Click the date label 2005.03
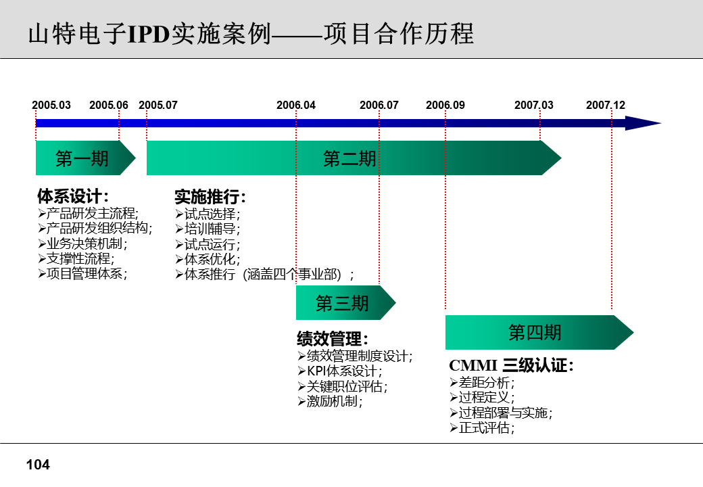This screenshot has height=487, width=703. click(51, 105)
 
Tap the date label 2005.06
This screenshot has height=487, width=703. click(109, 105)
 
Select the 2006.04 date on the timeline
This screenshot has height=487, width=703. click(296, 105)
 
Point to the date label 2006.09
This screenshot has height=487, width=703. click(445, 105)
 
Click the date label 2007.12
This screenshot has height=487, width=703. click(606, 105)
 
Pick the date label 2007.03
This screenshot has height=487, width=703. click(534, 105)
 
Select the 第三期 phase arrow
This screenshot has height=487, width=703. click(343, 303)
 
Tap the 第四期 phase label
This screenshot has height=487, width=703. click(535, 332)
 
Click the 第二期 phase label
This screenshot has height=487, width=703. click(349, 158)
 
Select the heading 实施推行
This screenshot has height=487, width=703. click(210, 197)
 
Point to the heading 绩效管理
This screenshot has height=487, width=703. click(333, 339)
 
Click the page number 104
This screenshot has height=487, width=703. click(38, 465)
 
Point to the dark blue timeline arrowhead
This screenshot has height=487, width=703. click(642, 123)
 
